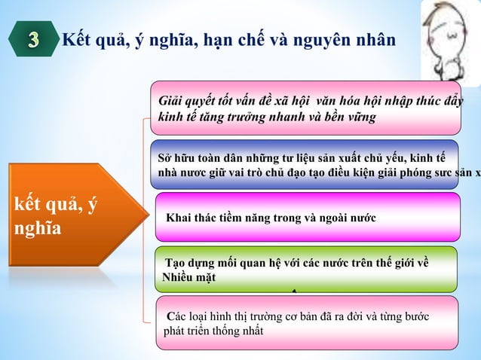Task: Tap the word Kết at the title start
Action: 75,40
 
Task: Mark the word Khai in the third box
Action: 179,218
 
